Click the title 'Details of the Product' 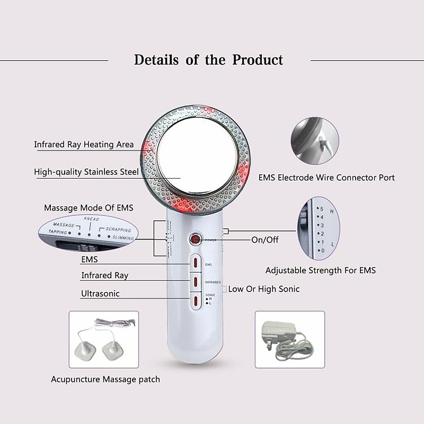[208, 59]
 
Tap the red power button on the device [196, 239]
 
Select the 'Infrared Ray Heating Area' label [84, 145]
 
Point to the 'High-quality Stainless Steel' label [86, 172]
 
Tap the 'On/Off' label [265, 240]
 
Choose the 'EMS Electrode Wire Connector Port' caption [326, 178]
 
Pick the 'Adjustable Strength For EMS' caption [320, 270]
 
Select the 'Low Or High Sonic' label [263, 289]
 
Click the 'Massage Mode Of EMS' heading [89, 208]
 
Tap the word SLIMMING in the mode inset [123, 238]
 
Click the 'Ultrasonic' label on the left [100, 294]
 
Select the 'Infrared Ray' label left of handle [104, 276]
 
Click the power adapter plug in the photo [276, 333]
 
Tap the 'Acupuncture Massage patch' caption [105, 379]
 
